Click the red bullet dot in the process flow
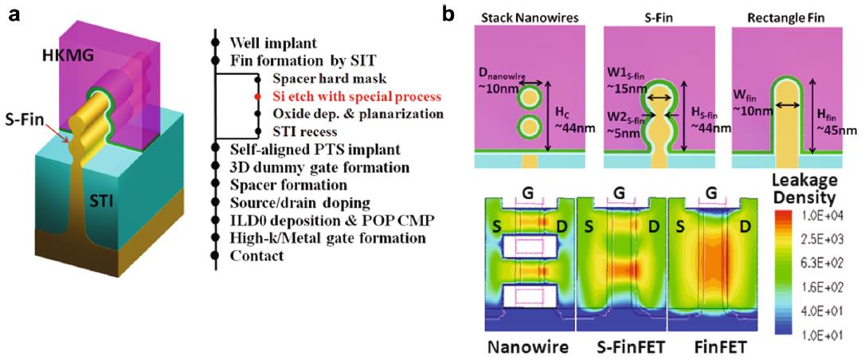tap(256, 96)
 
